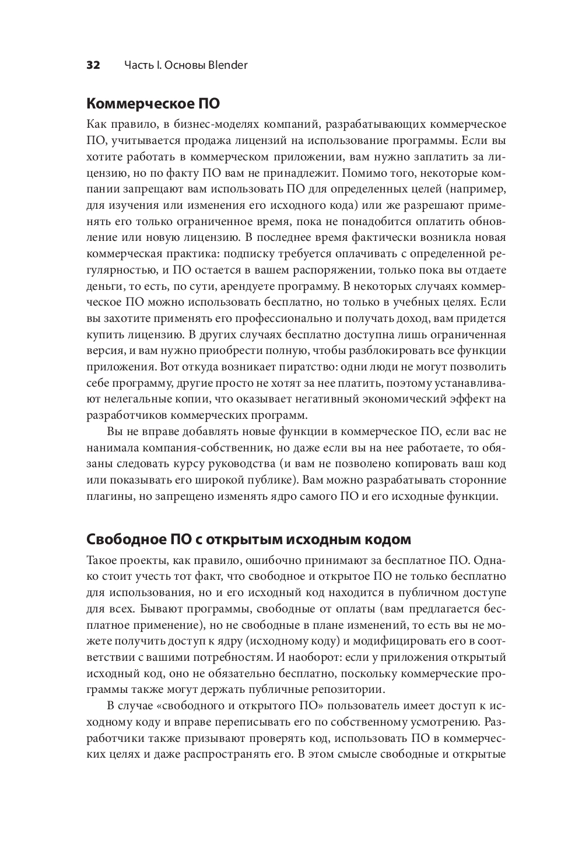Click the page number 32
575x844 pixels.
93,65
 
